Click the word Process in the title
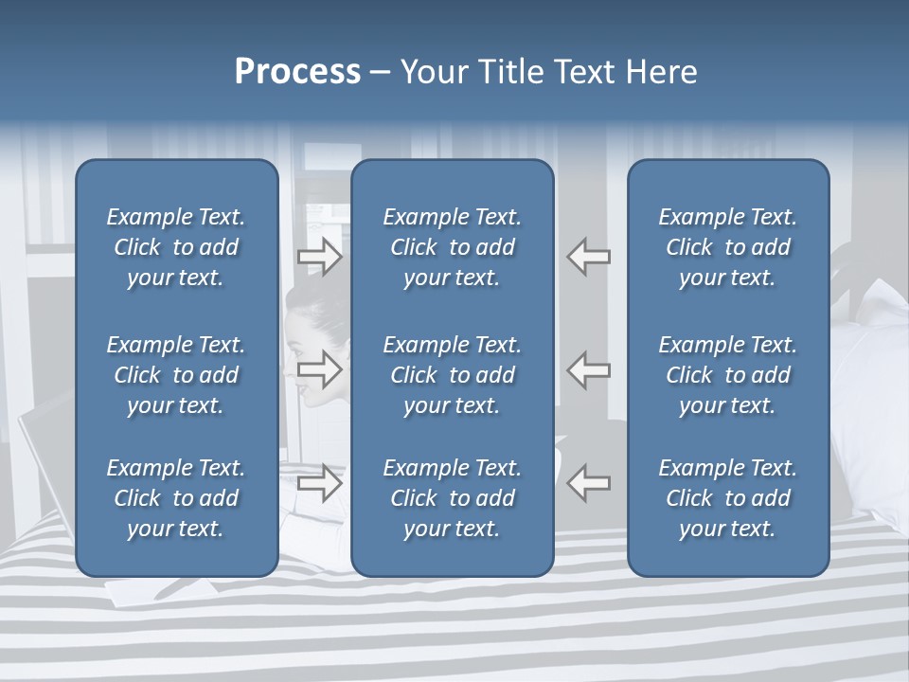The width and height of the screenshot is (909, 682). (297, 72)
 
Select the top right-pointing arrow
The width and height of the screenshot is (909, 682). (319, 257)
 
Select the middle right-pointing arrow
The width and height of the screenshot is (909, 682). (319, 369)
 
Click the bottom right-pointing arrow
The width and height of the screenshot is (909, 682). (319, 483)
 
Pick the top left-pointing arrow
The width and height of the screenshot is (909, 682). (589, 257)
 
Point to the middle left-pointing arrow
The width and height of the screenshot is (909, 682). (589, 369)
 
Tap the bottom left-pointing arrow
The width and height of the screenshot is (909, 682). (589, 483)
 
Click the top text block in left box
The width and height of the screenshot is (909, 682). (176, 247)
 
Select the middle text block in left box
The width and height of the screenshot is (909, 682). (176, 375)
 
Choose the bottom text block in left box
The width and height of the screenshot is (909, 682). (176, 498)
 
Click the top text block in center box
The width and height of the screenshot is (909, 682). (452, 247)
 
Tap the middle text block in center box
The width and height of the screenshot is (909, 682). (452, 375)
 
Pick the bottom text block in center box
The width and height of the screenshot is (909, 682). (452, 498)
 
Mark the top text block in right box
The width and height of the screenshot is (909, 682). (727, 247)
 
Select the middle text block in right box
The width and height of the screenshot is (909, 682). (727, 375)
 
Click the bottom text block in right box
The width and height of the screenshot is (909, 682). (727, 498)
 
